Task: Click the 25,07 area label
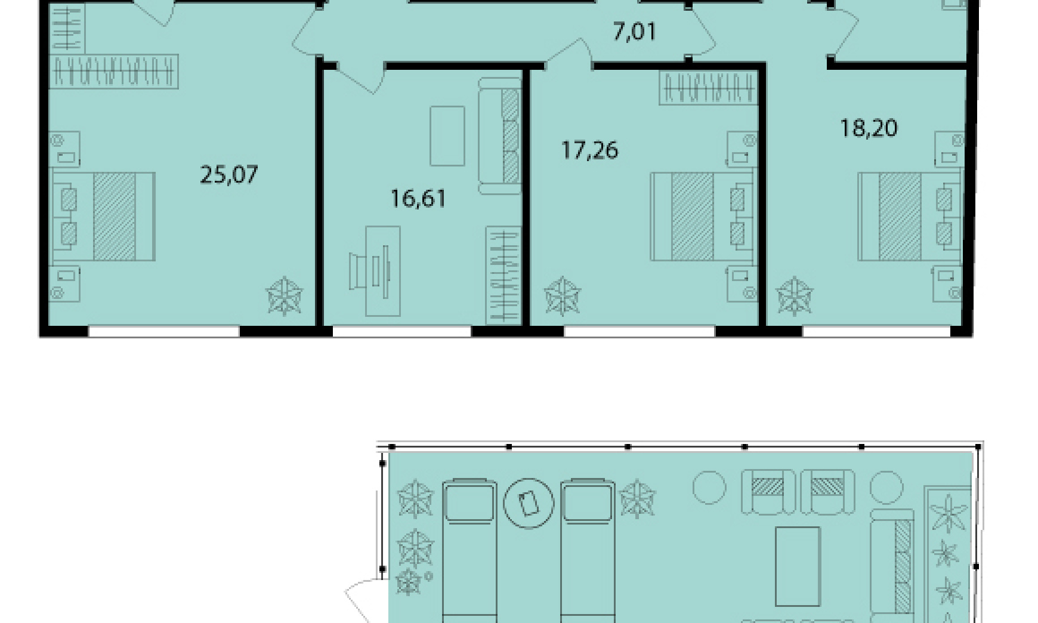[x=229, y=175]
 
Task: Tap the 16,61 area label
[x=419, y=198]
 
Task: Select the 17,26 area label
[x=590, y=150]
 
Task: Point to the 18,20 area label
[x=869, y=128]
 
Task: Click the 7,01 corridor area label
[x=635, y=31]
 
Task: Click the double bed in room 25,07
[x=103, y=217]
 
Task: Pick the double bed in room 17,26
[x=702, y=217]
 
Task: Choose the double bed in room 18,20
[x=910, y=217]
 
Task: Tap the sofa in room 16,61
[x=500, y=136]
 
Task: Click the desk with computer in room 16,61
[x=375, y=271]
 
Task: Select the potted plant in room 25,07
[x=285, y=295]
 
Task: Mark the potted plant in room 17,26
[x=563, y=295]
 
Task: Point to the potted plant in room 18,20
[x=795, y=295]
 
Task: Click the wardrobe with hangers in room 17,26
[x=709, y=88]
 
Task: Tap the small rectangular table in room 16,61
[x=447, y=136]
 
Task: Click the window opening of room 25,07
[x=164, y=331]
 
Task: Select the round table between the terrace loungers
[x=529, y=503]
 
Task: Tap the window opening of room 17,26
[x=640, y=331]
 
